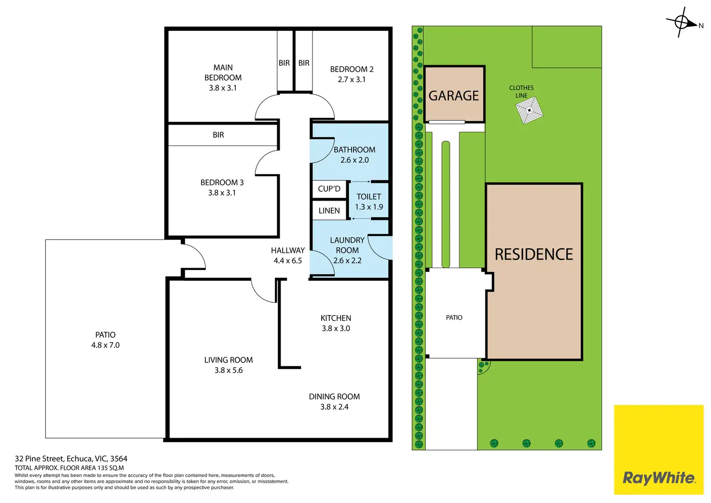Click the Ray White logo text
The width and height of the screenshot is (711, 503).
pyautogui.click(x=659, y=478)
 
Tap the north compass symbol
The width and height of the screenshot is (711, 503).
pyautogui.click(x=682, y=22)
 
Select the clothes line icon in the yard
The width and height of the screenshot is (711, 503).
pyautogui.click(x=529, y=110)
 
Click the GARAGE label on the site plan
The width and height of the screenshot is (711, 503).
pyautogui.click(x=454, y=96)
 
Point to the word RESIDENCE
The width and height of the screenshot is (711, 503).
pyautogui.click(x=534, y=254)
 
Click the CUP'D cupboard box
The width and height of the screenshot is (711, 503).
pyautogui.click(x=329, y=189)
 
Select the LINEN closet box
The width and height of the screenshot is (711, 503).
pyautogui.click(x=329, y=211)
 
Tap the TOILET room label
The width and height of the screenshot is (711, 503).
pyautogui.click(x=369, y=197)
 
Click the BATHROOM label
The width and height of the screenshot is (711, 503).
pyautogui.click(x=355, y=150)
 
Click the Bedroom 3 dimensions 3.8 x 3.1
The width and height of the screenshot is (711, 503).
pyautogui.click(x=222, y=193)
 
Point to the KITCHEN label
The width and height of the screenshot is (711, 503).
pyautogui.click(x=336, y=318)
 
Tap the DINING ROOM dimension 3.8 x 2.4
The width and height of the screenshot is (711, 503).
pyautogui.click(x=334, y=407)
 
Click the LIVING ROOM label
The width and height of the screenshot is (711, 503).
pyautogui.click(x=228, y=360)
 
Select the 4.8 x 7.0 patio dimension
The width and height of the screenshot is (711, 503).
pyautogui.click(x=105, y=345)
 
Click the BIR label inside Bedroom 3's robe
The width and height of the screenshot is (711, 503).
pyautogui.click(x=218, y=135)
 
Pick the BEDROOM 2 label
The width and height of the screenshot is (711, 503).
pyautogui.click(x=352, y=69)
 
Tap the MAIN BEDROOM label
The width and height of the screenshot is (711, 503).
pyautogui.click(x=223, y=72)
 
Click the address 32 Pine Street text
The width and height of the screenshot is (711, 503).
pyautogui.click(x=71, y=459)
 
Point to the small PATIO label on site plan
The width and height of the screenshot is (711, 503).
pyautogui.click(x=454, y=317)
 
